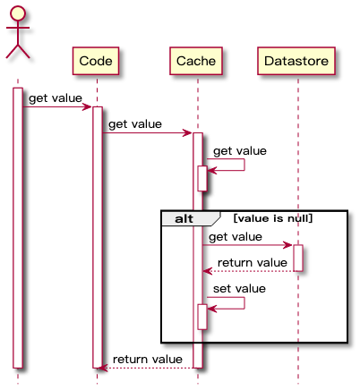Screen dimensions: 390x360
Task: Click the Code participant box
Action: click(x=96, y=61)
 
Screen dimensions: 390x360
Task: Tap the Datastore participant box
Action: click(x=296, y=61)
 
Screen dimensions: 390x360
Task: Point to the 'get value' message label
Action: click(x=236, y=237)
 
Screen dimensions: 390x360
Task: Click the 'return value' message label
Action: click(x=252, y=263)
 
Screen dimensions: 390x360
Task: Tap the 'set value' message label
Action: click(x=239, y=289)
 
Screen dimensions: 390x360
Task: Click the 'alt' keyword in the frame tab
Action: click(x=184, y=218)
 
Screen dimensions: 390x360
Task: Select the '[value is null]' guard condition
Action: click(x=272, y=218)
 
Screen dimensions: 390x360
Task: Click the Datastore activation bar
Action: click(x=298, y=258)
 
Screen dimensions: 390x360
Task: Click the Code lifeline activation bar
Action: click(x=98, y=237)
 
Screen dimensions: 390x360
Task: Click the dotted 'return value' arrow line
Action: click(x=247, y=271)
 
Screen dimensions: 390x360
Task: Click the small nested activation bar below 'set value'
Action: click(x=202, y=317)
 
